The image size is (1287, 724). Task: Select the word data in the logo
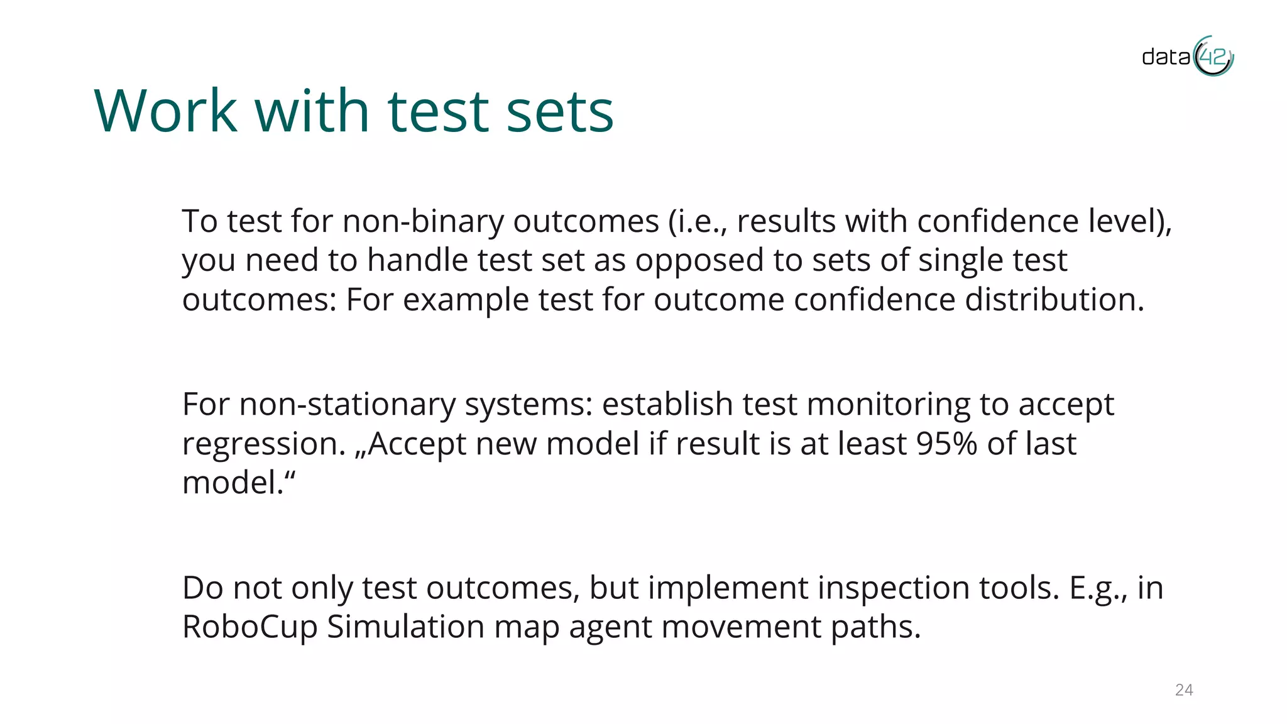1166,57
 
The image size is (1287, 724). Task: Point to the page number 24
1184,690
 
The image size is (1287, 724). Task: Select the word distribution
1054,299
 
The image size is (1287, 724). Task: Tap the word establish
667,404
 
